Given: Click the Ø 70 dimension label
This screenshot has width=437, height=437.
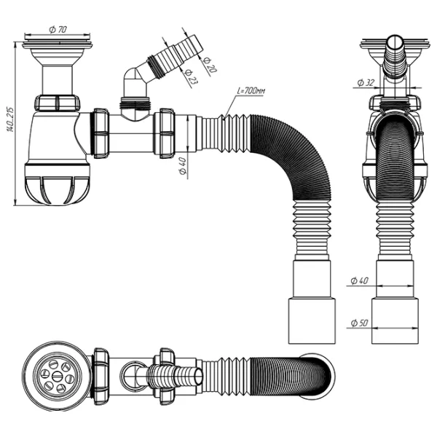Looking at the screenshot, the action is (x=58, y=29).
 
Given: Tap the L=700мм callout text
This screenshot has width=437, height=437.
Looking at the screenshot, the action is (x=251, y=91).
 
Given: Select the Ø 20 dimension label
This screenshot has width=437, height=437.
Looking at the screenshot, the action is (x=209, y=65).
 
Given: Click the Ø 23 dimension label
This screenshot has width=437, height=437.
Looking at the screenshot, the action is (x=189, y=76).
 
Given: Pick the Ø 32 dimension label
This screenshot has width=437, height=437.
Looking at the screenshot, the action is (x=366, y=83).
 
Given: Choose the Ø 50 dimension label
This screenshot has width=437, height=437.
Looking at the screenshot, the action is (x=360, y=323).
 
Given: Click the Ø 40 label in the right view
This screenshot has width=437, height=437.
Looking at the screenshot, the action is (x=360, y=280).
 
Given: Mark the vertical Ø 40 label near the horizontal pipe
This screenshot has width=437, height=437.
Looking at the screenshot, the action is (x=183, y=166).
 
